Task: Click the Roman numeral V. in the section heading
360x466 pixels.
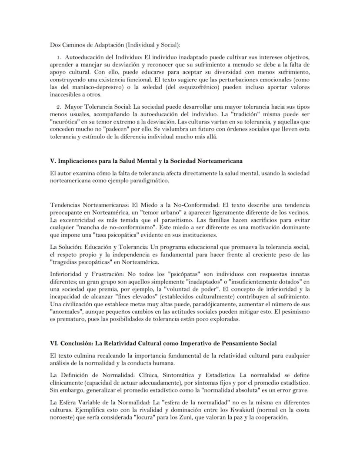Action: coord(53,161)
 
